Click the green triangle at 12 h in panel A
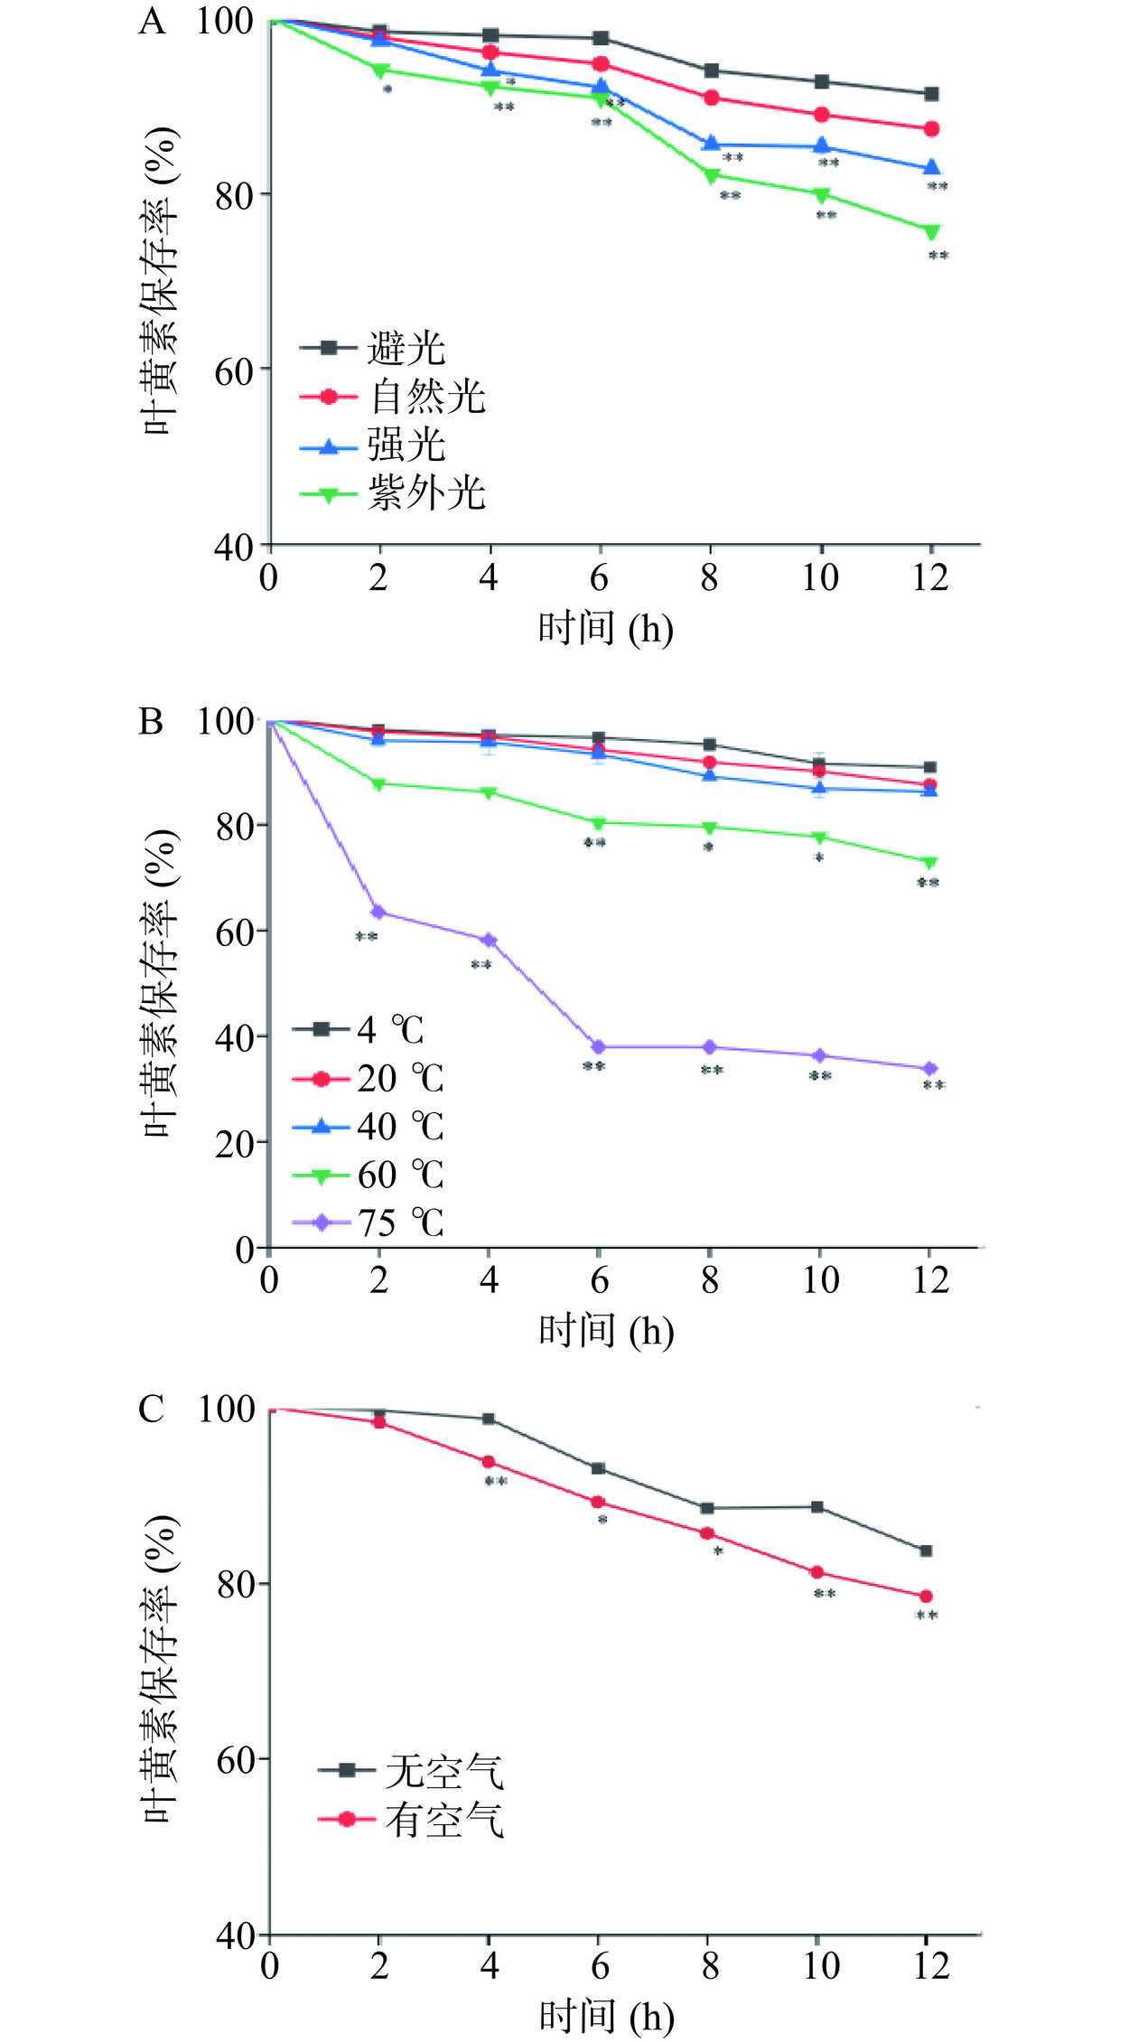[931, 232]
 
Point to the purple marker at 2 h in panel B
[378, 912]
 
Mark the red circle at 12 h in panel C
[926, 1597]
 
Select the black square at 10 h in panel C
[817, 1507]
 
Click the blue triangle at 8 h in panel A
[711, 144]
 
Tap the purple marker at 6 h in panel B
[598, 1047]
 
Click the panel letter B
[151, 723]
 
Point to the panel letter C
[151, 1410]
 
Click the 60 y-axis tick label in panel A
[234, 370]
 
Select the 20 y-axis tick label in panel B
[234, 1143]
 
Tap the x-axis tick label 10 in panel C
[820, 1966]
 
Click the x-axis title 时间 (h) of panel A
[605, 629]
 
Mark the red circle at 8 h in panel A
[711, 98]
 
